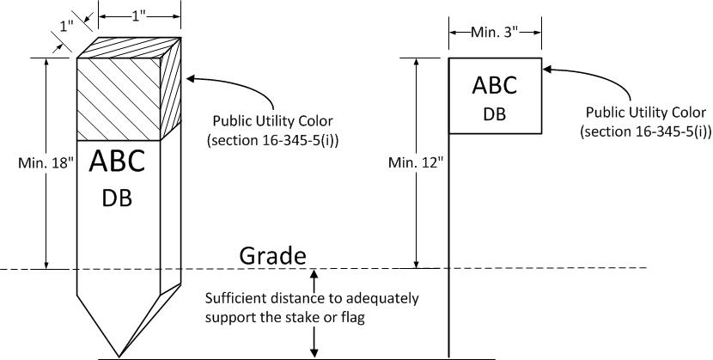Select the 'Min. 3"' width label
pos(494,32)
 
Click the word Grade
pos(272,256)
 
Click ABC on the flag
pos(494,85)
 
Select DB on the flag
pos(494,113)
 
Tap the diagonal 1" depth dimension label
pos(66,27)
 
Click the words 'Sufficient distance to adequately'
pos(312,299)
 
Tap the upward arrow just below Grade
pos(314,276)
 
